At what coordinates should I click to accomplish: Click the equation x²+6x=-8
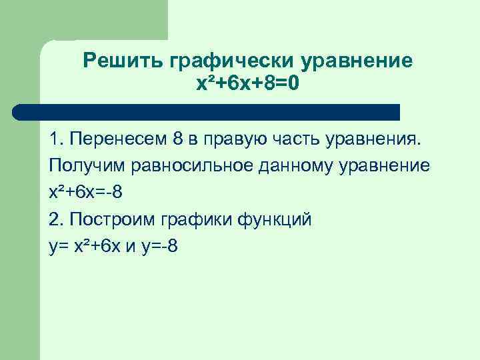(85, 193)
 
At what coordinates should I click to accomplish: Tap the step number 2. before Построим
(55, 219)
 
